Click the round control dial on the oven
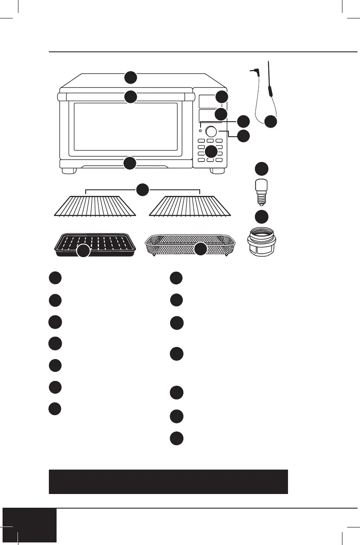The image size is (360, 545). click(211, 131)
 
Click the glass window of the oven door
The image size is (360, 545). click(126, 126)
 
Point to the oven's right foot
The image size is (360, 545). click(217, 171)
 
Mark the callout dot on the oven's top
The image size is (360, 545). click(131, 78)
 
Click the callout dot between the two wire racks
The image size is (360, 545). click(143, 189)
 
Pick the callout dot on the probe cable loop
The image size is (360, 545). click(270, 122)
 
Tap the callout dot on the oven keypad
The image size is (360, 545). click(211, 151)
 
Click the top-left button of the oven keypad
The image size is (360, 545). click(201, 141)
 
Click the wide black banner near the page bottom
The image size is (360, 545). click(168, 482)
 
